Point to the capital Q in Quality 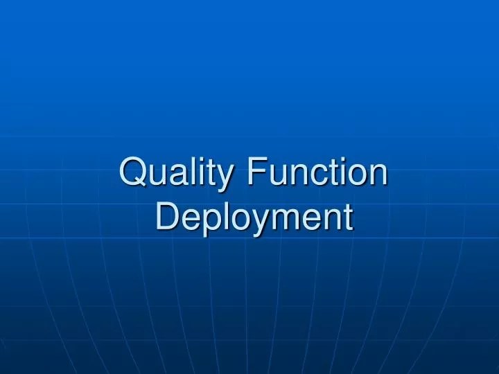point(134,172)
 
